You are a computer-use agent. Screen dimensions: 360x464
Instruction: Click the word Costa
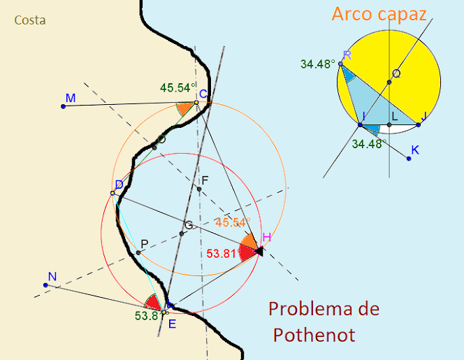tap(30, 20)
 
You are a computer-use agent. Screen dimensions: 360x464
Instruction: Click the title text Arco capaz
tap(378, 15)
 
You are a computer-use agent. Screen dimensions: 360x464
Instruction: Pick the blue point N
tap(46, 285)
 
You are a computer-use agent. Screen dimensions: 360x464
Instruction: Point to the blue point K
tap(409, 159)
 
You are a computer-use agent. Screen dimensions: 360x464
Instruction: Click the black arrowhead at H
tap(258, 250)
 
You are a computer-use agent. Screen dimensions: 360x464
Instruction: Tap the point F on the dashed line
tap(199, 189)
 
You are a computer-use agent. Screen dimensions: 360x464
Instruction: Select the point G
tap(181, 233)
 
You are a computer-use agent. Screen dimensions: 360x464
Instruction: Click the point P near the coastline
tap(138, 252)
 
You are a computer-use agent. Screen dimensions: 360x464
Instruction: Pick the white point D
tap(113, 193)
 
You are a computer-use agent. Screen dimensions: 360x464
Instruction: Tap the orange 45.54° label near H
tap(232, 222)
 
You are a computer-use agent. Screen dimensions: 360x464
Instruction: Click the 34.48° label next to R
tap(317, 64)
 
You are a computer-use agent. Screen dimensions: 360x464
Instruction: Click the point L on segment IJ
tap(389, 125)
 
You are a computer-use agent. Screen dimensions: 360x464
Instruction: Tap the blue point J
tap(419, 125)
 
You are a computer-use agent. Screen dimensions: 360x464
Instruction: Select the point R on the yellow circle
tap(340, 64)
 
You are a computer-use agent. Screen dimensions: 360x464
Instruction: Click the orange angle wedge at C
tap(185, 108)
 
